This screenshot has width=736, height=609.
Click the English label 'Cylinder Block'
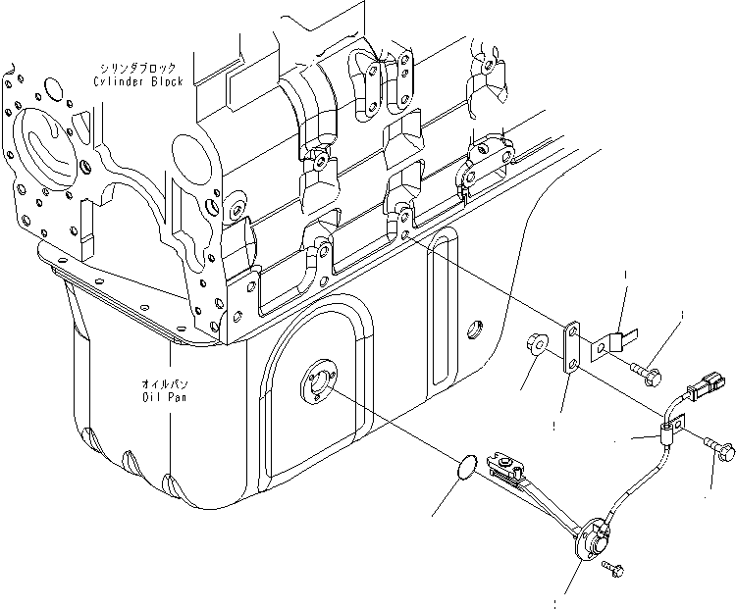coord(134,83)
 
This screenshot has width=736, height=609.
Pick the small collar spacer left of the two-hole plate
coord(536,346)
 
